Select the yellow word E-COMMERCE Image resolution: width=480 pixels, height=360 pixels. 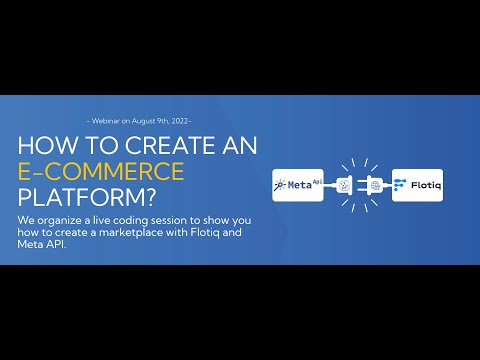tap(101, 171)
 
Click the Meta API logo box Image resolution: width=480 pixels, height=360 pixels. tap(298, 185)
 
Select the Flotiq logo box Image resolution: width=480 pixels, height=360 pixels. tap(418, 185)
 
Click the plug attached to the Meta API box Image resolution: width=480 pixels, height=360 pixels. tap(342, 186)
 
